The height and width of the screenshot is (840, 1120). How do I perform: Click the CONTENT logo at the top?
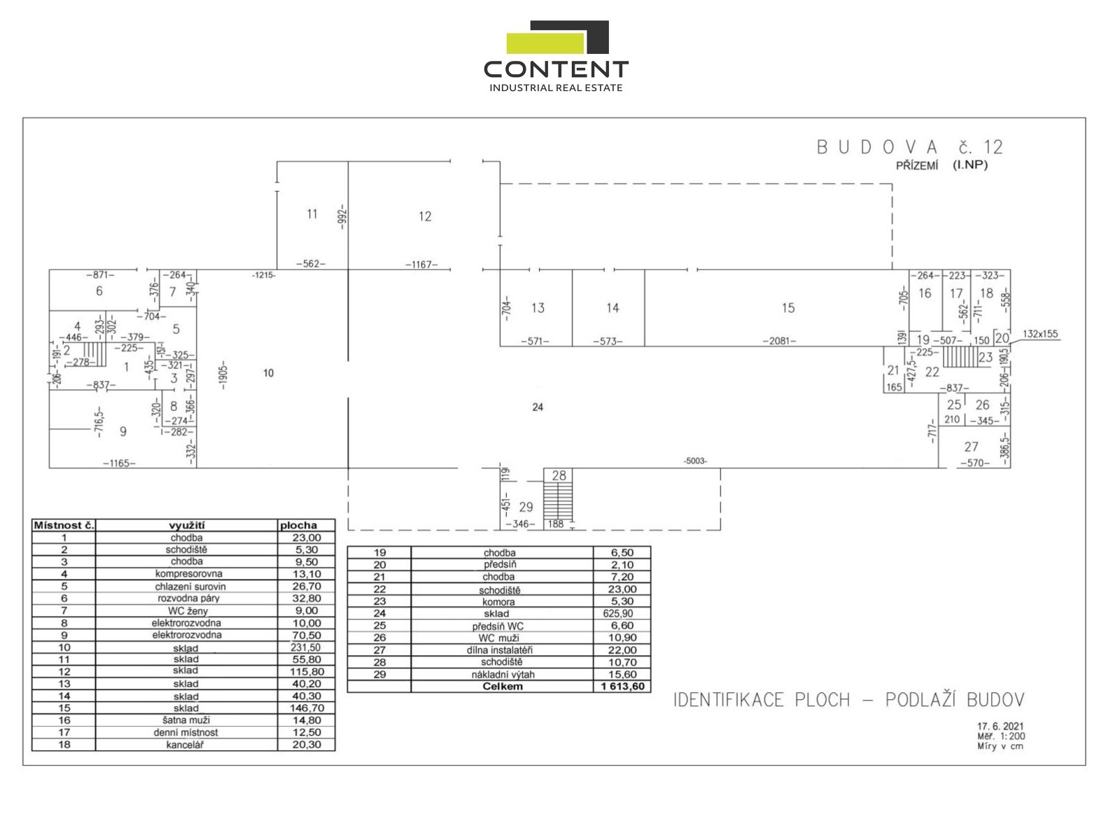pyautogui.click(x=556, y=56)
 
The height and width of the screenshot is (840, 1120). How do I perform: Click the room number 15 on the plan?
pyautogui.click(x=788, y=308)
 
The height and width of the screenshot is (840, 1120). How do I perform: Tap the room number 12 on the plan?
pyautogui.click(x=425, y=217)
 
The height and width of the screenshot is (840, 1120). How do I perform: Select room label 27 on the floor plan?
pyautogui.click(x=971, y=447)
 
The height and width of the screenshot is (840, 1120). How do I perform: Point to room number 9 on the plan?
pyautogui.click(x=123, y=432)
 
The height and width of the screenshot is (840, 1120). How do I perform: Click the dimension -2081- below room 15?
pyautogui.click(x=779, y=342)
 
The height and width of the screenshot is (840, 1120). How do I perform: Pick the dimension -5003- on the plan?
pyautogui.click(x=695, y=461)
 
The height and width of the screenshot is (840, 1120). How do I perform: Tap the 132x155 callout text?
pyautogui.click(x=1040, y=334)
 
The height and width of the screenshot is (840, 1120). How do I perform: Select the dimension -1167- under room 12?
pyautogui.click(x=421, y=265)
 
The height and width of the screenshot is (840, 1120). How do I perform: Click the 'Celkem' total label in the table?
pyautogui.click(x=502, y=687)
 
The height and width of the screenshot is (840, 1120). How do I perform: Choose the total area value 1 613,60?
pyautogui.click(x=622, y=687)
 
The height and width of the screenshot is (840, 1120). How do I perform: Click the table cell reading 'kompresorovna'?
pyautogui.click(x=187, y=574)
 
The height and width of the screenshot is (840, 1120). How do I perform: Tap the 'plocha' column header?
pyautogui.click(x=298, y=525)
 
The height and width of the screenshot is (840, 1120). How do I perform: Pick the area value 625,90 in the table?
pyautogui.click(x=618, y=613)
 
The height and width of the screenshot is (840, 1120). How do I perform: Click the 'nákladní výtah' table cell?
pyautogui.click(x=502, y=675)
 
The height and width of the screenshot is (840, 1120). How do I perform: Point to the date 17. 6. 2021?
pyautogui.click(x=1000, y=727)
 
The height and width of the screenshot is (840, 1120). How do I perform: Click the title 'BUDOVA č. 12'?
pyautogui.click(x=910, y=148)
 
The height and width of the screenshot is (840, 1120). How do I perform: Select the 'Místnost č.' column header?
pyautogui.click(x=64, y=525)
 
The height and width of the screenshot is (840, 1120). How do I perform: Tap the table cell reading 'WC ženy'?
pyautogui.click(x=187, y=611)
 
